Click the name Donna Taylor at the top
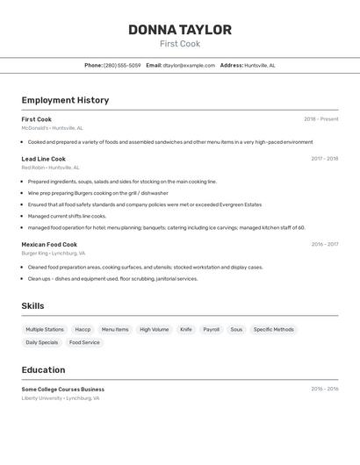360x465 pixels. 179,30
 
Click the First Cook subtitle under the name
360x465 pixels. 179,44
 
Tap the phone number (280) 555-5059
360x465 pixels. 122,65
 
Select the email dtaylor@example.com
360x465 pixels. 189,65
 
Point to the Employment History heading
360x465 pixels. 65,100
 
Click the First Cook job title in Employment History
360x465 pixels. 37,119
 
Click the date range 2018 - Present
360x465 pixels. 320,119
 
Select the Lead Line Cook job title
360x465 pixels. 44,159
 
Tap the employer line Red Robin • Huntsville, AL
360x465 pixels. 50,168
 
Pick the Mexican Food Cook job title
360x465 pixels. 49,245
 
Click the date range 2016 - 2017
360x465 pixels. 324,245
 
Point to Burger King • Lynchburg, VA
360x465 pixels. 54,254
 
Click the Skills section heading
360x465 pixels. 33,306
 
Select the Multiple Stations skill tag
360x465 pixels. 45,330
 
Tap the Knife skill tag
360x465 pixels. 186,330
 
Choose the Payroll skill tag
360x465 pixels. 212,330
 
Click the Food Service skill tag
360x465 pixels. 84,343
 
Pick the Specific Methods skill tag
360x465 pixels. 273,330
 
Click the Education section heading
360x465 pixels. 43,370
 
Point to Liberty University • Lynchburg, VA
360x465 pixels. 61,398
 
